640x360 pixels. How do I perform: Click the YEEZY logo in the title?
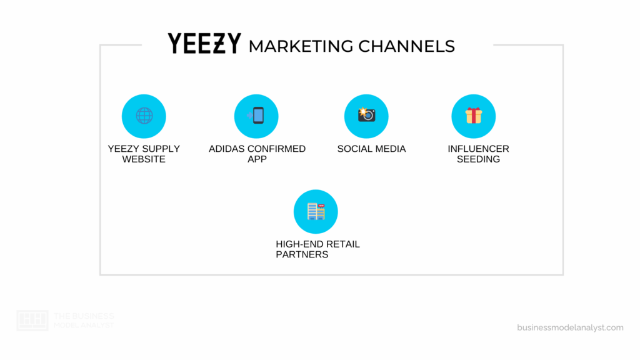coord(204,44)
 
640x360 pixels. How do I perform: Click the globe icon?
coord(144,116)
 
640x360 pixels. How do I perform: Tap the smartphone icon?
coord(257,116)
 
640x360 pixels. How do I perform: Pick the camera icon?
coord(366,115)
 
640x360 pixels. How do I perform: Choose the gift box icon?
coord(473,116)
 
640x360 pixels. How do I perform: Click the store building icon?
coord(316,211)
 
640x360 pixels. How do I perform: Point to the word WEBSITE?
coord(144,159)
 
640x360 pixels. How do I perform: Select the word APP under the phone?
coord(257,159)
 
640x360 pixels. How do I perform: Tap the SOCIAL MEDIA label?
coord(371,149)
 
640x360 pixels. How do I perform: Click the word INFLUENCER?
coord(478,149)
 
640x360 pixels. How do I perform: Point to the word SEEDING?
coord(478,159)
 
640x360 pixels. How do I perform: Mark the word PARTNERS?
coord(302,254)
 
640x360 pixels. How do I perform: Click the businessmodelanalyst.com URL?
coord(570,327)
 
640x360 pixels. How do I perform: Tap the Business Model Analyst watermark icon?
coord(32,320)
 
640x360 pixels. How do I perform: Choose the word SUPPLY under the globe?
coord(159,149)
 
